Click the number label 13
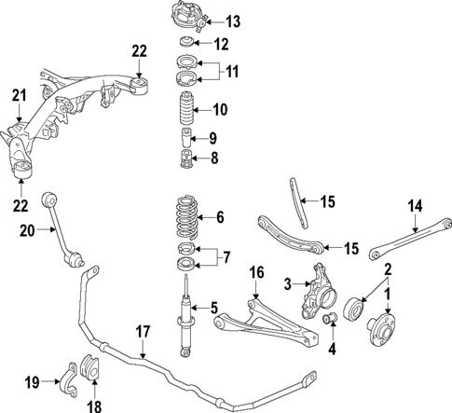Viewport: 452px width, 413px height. (x=232, y=21)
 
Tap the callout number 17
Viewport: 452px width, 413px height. (x=143, y=330)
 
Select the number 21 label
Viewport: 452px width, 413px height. (x=20, y=93)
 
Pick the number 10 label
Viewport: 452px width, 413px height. (x=219, y=109)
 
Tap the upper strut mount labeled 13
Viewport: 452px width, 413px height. (x=185, y=20)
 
